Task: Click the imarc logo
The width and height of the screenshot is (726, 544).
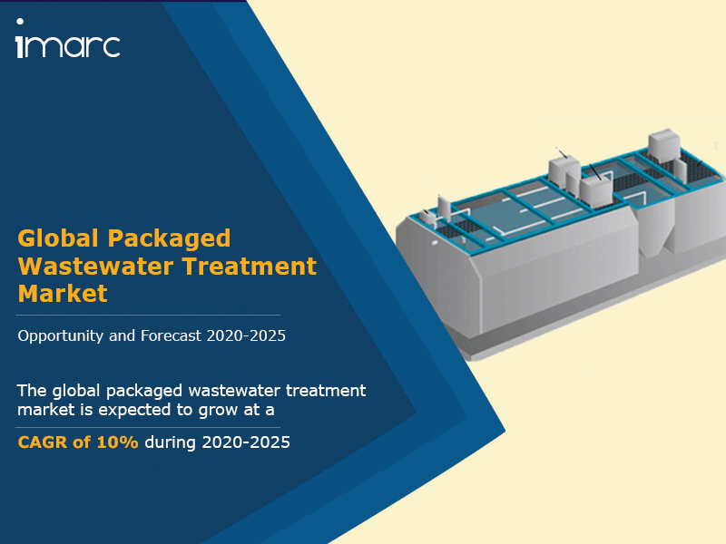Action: click(68, 39)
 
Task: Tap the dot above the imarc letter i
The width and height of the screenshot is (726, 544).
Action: click(20, 21)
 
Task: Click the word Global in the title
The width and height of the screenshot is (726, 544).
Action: click(58, 238)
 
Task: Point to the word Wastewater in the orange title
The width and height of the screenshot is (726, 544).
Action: click(96, 267)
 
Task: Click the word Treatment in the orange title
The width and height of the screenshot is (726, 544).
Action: click(250, 267)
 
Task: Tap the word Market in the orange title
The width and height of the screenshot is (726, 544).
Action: click(63, 294)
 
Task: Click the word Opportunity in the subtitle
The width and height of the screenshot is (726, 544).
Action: click(60, 336)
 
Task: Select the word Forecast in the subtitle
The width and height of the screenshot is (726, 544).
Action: click(171, 335)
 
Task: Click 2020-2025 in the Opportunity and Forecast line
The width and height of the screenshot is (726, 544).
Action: click(246, 335)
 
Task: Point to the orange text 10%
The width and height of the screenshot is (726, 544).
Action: click(117, 442)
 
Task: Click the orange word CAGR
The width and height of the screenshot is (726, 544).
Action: click(43, 442)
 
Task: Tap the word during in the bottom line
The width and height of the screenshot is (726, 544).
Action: click(171, 442)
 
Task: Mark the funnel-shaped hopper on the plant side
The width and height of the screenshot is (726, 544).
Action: click(657, 230)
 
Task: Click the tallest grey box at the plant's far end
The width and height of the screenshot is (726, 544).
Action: click(664, 145)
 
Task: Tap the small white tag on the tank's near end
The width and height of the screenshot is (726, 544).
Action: click(435, 242)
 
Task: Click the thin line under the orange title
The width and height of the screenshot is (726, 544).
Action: click(148, 315)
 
